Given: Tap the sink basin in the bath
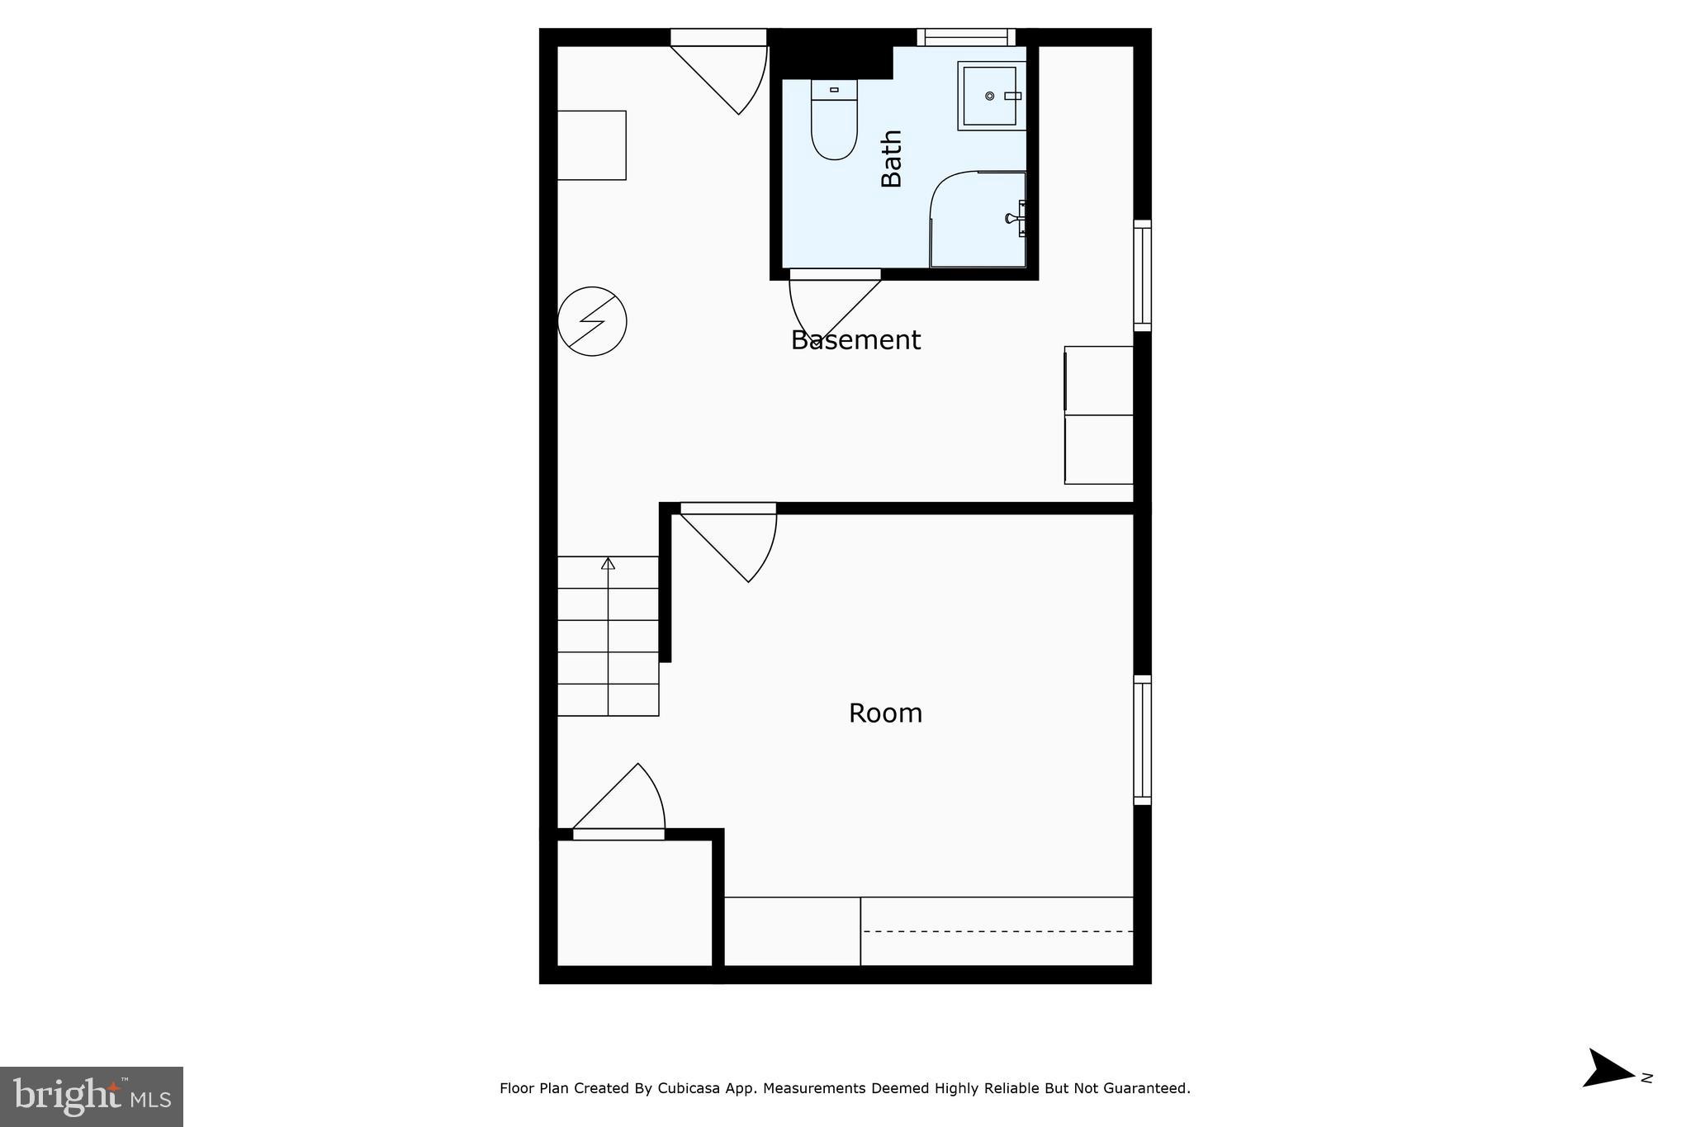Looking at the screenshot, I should click(989, 96).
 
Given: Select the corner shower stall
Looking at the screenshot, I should click(978, 220).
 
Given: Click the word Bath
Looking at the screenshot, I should click(892, 159).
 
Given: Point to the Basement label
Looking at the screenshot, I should click(855, 340).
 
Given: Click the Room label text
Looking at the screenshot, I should click(885, 713).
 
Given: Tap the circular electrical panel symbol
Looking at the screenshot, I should click(592, 321).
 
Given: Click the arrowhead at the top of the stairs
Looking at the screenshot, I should click(609, 563).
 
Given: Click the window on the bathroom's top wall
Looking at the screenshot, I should click(966, 37).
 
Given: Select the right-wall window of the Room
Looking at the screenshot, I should click(1142, 739).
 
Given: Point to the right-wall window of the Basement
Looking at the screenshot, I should click(1142, 275).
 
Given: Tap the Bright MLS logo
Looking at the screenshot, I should click(92, 1096).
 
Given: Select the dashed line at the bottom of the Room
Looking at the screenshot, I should click(997, 931).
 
